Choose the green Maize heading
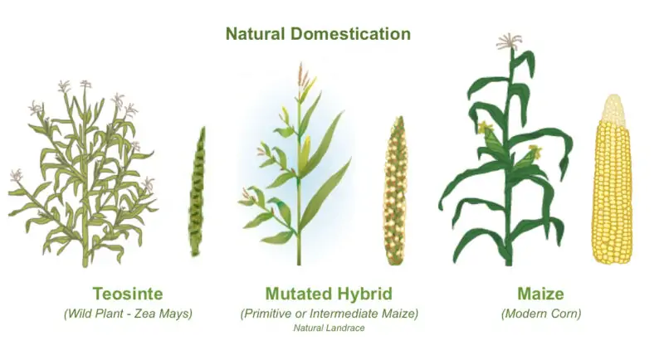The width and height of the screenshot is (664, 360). point(541,294)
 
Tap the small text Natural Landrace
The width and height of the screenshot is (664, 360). point(329,328)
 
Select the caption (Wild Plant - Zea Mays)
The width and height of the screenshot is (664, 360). point(127,314)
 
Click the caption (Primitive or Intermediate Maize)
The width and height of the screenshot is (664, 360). point(329,314)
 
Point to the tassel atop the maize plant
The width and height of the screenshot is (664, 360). point(509,41)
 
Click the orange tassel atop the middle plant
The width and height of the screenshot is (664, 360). point(305,79)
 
